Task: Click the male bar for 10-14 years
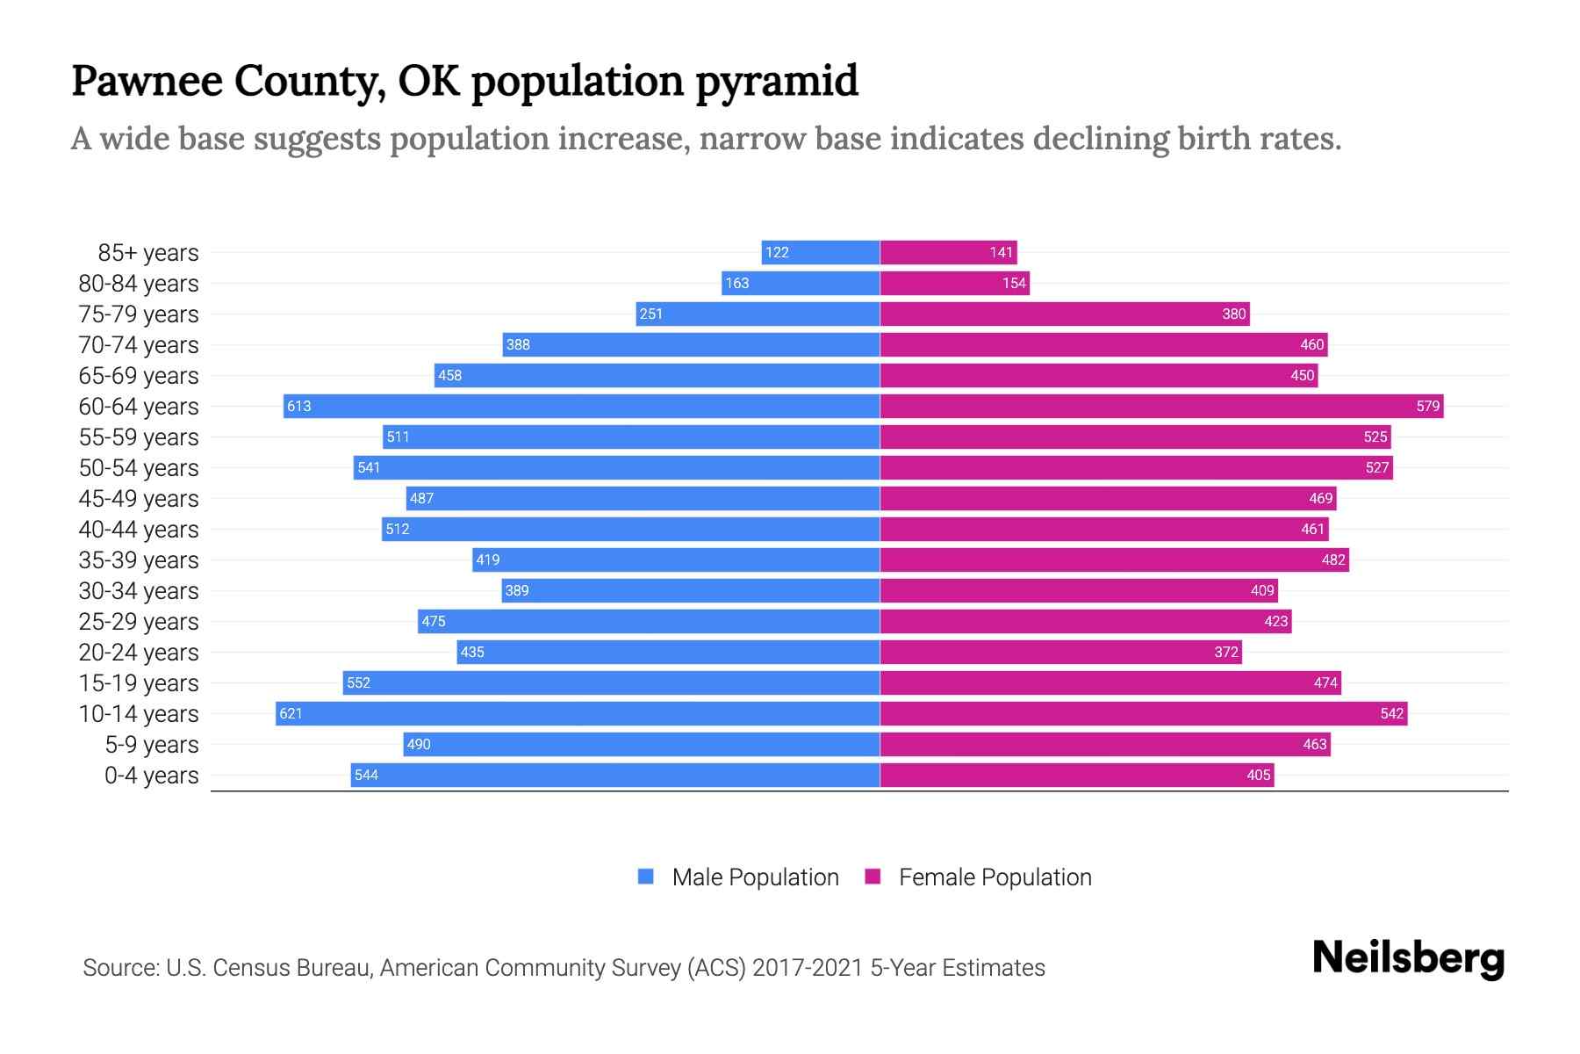pos(579,713)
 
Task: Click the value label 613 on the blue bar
pos(299,406)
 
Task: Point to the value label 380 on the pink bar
pos(1233,314)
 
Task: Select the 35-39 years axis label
pos(139,559)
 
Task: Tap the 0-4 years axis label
pos(151,775)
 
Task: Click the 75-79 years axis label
pos(139,314)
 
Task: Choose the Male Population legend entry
pos(754,877)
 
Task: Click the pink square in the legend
pos(873,877)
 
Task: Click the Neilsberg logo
pos(1408,958)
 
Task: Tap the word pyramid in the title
pos(777,81)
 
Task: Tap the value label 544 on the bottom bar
pos(366,775)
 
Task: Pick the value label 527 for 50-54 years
pos(1376,467)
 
